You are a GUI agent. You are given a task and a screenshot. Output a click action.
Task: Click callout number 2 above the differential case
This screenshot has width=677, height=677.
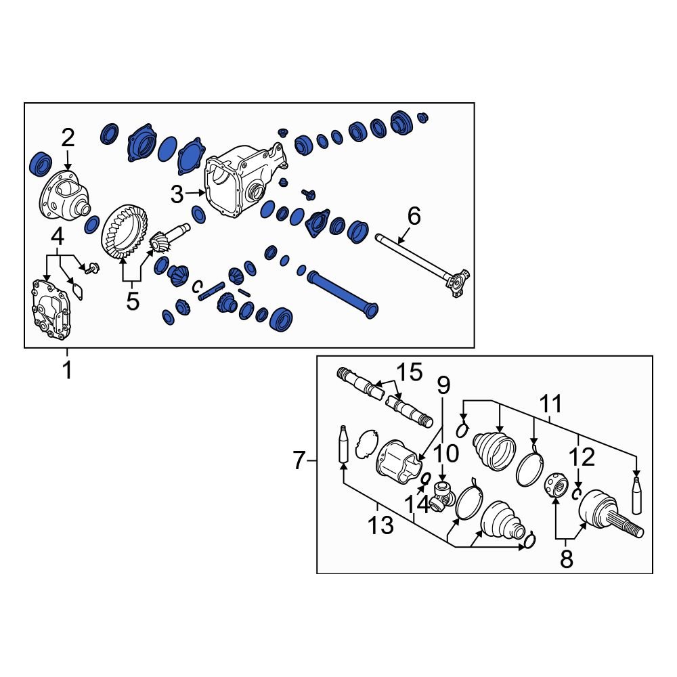pos(68,139)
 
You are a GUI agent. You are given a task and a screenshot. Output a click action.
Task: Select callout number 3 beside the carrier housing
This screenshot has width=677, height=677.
pos(177,195)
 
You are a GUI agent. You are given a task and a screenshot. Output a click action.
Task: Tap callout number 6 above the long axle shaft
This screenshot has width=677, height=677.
pos(414,216)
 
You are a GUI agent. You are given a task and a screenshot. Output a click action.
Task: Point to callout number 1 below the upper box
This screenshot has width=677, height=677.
pos(67,370)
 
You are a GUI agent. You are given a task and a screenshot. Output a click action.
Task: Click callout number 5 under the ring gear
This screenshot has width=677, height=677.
pos(133,301)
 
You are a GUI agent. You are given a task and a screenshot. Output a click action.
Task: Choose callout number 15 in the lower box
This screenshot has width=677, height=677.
pos(410,372)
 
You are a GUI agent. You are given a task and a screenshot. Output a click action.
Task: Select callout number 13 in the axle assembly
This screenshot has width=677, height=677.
pos(380,525)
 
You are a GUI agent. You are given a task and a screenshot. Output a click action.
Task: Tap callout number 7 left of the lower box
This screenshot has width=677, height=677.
pos(299,460)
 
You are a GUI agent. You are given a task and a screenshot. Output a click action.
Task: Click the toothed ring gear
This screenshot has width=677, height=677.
pos(125,232)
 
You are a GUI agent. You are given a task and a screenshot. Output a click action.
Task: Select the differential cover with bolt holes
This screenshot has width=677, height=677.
pos(51,308)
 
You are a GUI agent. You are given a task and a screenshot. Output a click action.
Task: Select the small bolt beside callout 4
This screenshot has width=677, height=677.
pos(91,268)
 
